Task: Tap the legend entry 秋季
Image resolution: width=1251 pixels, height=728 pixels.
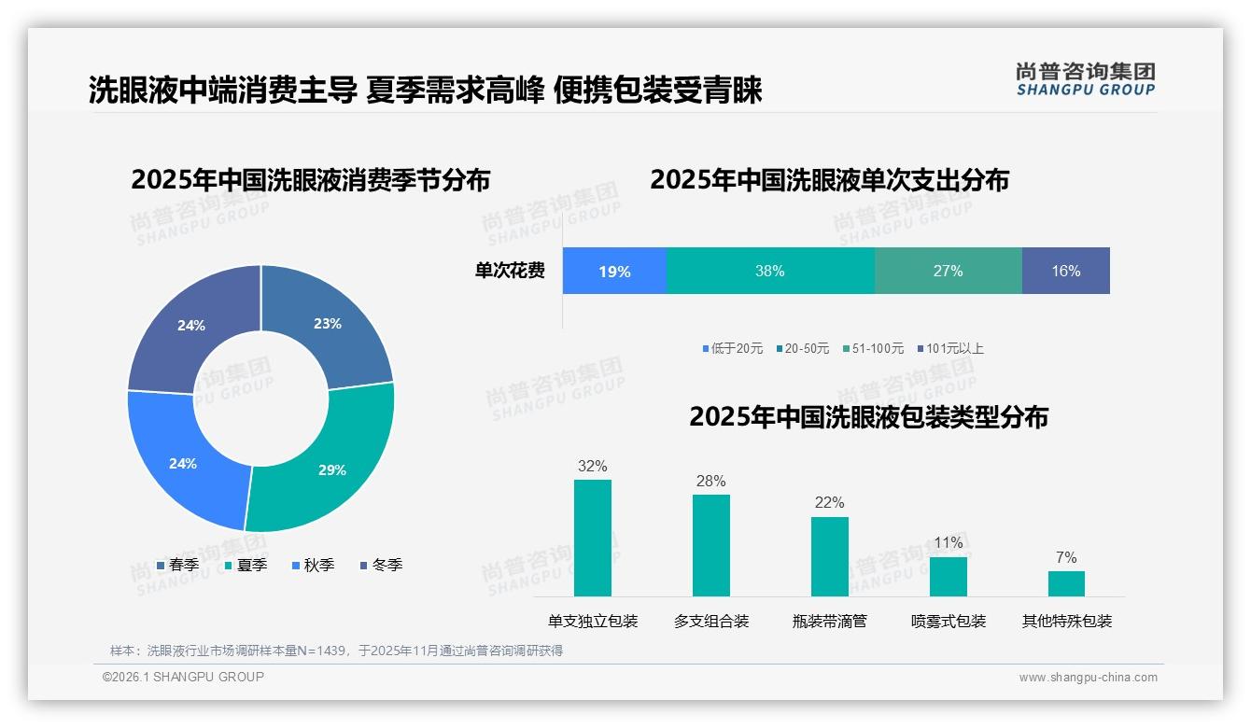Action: [313, 566]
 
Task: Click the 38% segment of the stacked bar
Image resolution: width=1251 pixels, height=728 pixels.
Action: [770, 272]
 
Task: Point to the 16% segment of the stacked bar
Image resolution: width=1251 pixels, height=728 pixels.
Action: [1065, 272]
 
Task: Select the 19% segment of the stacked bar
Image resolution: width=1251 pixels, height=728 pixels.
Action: [614, 272]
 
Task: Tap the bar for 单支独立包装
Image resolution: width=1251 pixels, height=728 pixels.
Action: [593, 538]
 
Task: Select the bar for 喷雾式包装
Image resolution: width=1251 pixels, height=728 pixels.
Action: [949, 576]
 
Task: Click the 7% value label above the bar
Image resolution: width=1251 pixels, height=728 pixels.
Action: [1066, 558]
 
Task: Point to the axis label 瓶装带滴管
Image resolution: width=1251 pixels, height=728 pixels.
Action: [830, 622]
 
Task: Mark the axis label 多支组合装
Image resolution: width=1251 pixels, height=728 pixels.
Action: [711, 622]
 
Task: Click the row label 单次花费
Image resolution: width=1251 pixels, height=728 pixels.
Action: [510, 272]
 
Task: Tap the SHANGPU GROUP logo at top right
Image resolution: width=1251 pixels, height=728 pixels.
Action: [1085, 79]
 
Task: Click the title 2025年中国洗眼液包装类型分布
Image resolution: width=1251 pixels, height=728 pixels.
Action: [868, 417]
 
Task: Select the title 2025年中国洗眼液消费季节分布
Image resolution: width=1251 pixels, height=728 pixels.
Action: [310, 180]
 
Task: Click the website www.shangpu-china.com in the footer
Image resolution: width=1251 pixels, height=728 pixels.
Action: [1088, 678]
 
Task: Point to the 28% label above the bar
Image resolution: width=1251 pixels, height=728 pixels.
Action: [711, 482]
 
